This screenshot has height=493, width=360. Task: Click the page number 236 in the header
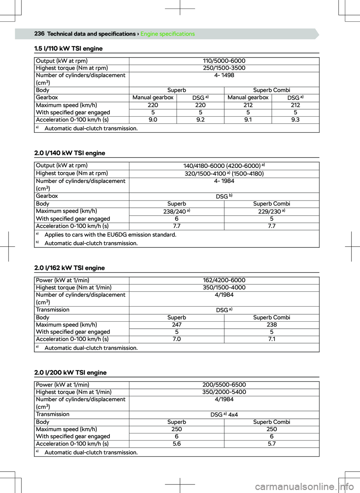pos(39,34)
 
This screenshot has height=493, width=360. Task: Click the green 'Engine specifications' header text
pos(168,34)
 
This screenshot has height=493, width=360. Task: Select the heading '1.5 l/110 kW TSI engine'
pos(68,49)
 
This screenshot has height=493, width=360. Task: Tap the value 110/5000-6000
pos(224,61)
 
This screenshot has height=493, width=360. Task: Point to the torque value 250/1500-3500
pos(224,68)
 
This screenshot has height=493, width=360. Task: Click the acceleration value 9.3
pos(295,120)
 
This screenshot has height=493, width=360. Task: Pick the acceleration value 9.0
pos(153,120)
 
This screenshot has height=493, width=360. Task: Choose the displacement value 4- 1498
pos(224,75)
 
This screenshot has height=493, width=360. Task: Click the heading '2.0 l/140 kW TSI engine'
pos(69,153)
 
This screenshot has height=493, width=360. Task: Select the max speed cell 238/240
pos(177,211)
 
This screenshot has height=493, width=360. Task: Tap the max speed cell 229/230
pos(271,211)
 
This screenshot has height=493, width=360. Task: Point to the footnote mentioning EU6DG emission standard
pos(110,235)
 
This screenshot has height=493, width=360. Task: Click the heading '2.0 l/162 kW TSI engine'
pos(69,268)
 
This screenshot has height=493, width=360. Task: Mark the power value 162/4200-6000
pos(224,280)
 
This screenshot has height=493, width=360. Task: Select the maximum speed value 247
pos(177,325)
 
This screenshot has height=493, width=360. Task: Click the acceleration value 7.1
pos(271,339)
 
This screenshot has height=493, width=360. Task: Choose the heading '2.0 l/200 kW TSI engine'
pos(70,372)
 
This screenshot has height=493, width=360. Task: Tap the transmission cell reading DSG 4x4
pos(224,415)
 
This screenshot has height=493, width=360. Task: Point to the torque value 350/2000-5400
pos(224,392)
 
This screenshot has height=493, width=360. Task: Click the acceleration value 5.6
pos(177,444)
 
